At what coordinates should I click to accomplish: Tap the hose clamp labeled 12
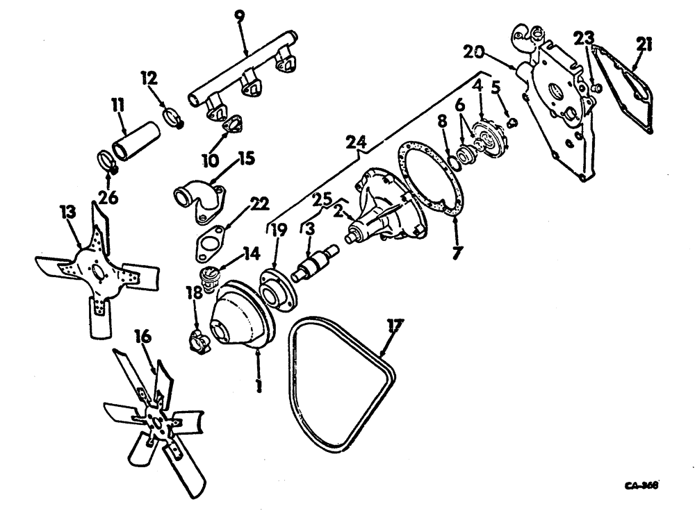174,116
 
